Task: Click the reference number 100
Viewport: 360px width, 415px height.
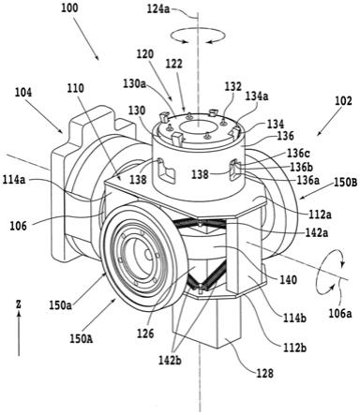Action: (x=69, y=8)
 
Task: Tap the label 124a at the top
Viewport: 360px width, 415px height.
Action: (x=158, y=9)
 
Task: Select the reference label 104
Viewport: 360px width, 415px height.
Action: (x=23, y=93)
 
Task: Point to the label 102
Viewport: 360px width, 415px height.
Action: (x=343, y=100)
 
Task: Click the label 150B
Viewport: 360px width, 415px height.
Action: (x=345, y=182)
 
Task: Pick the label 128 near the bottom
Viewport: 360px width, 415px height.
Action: (x=264, y=373)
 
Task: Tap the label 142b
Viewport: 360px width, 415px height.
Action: (x=170, y=360)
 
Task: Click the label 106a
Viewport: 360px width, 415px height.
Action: (x=340, y=313)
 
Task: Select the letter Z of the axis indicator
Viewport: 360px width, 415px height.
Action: (x=19, y=304)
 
